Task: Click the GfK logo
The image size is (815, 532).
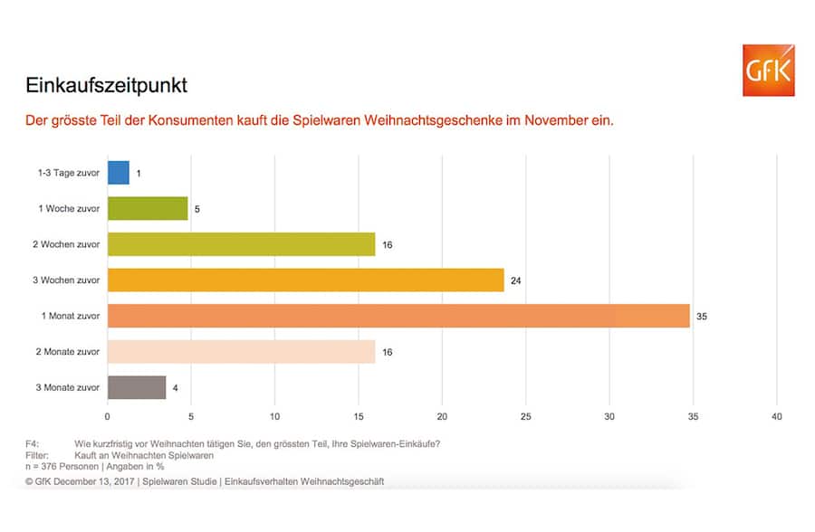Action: click(768, 70)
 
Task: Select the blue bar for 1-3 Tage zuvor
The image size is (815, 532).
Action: click(119, 173)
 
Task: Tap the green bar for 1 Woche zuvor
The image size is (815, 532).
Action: click(148, 208)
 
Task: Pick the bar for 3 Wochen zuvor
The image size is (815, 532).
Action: click(305, 280)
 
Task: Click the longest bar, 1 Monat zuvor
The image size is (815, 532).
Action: click(398, 316)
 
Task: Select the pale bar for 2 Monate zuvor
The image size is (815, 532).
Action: click(241, 351)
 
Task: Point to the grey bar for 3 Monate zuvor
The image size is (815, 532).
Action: click(137, 387)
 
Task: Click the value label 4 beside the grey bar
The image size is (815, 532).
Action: click(176, 387)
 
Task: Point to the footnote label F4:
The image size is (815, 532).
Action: click(33, 443)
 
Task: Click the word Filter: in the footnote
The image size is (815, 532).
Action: click(36, 455)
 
